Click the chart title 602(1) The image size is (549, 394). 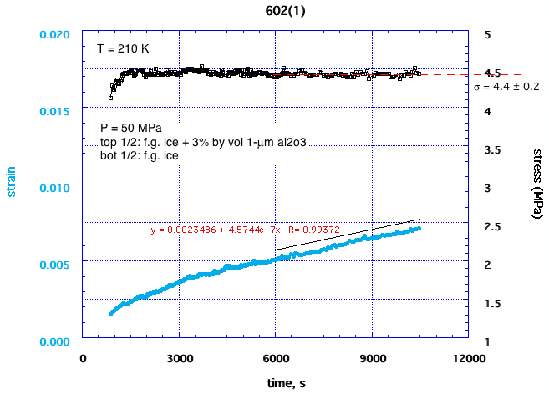(274, 9)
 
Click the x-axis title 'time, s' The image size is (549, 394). (274, 382)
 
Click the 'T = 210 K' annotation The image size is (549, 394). (123, 48)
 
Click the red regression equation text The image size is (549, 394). (226, 228)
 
